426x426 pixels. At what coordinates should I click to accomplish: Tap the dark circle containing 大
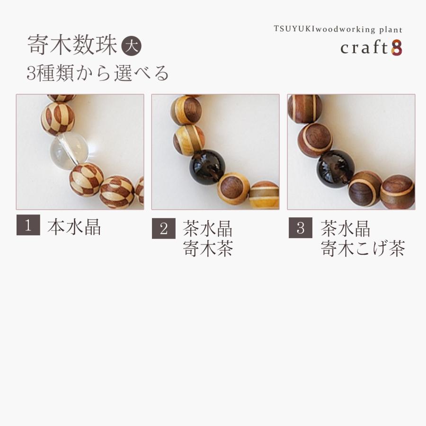pos(132,47)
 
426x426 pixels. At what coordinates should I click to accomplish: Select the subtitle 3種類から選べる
pos(98,73)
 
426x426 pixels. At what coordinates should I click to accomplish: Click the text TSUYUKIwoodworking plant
pos(338,29)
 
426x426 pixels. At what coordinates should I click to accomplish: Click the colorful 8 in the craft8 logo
pos(397,48)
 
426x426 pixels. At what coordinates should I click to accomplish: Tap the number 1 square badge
pos(28,226)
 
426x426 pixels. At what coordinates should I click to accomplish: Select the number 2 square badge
pos(164,229)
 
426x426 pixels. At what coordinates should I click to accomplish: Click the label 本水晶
pos(74,227)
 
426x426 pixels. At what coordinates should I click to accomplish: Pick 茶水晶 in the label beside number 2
pos(208,229)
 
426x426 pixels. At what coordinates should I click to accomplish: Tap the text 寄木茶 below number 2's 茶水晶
pos(208,249)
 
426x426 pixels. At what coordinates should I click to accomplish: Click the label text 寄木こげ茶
pos(363,249)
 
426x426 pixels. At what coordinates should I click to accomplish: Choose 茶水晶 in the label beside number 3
pos(346,229)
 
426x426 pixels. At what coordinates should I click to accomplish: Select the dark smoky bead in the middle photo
pos(207,167)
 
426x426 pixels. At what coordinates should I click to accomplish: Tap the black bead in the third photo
pos(335,168)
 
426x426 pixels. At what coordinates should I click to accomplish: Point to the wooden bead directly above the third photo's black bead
pos(315,140)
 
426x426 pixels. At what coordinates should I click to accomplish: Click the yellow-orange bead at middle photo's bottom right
pos(265,195)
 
